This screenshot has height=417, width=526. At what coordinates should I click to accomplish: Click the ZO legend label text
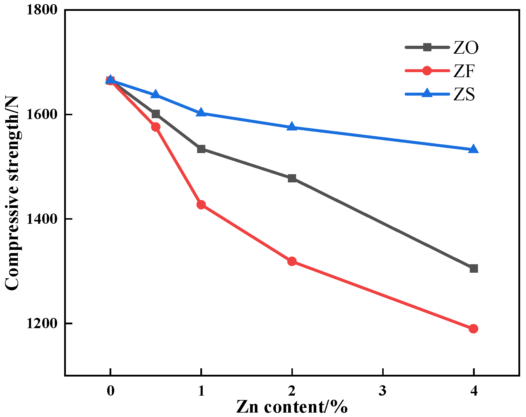click(x=466, y=48)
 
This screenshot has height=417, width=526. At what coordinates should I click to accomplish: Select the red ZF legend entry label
click(x=464, y=71)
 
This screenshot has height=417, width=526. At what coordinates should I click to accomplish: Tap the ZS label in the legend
click(x=464, y=94)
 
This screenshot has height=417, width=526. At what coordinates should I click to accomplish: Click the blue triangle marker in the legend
click(x=427, y=94)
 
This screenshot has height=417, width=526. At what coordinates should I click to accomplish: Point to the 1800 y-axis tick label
click(x=42, y=10)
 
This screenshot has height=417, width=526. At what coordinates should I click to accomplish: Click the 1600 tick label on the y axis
click(x=42, y=114)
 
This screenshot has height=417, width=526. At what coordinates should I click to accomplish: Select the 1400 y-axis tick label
click(x=42, y=219)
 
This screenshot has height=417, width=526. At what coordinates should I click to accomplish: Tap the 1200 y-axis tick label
click(x=42, y=323)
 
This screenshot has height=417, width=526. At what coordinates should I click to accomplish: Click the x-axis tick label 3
click(x=382, y=391)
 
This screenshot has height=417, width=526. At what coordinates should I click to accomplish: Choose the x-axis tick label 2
click(x=292, y=391)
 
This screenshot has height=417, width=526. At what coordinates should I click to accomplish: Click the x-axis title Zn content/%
click(x=292, y=407)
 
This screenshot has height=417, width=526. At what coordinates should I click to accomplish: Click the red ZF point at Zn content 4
click(x=474, y=329)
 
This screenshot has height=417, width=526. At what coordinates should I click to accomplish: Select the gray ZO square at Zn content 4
click(x=474, y=268)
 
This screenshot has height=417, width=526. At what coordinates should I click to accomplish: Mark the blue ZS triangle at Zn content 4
click(x=474, y=150)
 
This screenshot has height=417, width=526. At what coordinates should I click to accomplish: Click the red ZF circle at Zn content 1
click(x=201, y=205)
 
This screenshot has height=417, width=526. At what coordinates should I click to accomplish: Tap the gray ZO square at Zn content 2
click(x=292, y=178)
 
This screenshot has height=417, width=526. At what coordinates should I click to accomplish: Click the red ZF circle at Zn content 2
click(x=292, y=261)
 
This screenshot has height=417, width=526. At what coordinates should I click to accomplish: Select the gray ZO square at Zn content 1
click(x=201, y=149)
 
